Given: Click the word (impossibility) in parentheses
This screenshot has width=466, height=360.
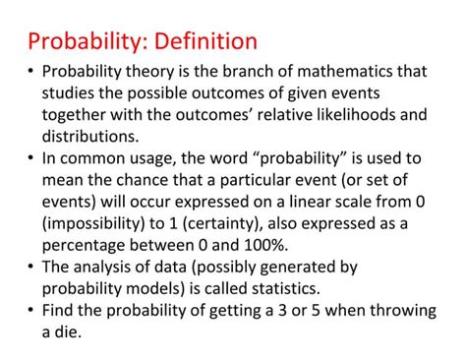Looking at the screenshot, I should click(98, 223).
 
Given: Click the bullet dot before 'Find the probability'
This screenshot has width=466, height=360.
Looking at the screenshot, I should click(30, 310).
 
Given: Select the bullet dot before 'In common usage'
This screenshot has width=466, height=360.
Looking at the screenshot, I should click(30, 159).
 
